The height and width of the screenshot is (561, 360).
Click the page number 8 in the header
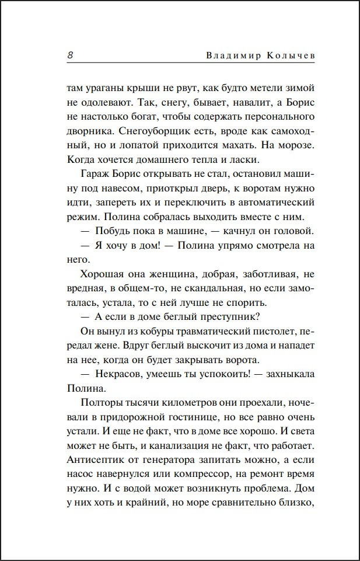[x=70, y=56]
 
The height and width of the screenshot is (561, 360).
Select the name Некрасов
[x=121, y=374]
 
